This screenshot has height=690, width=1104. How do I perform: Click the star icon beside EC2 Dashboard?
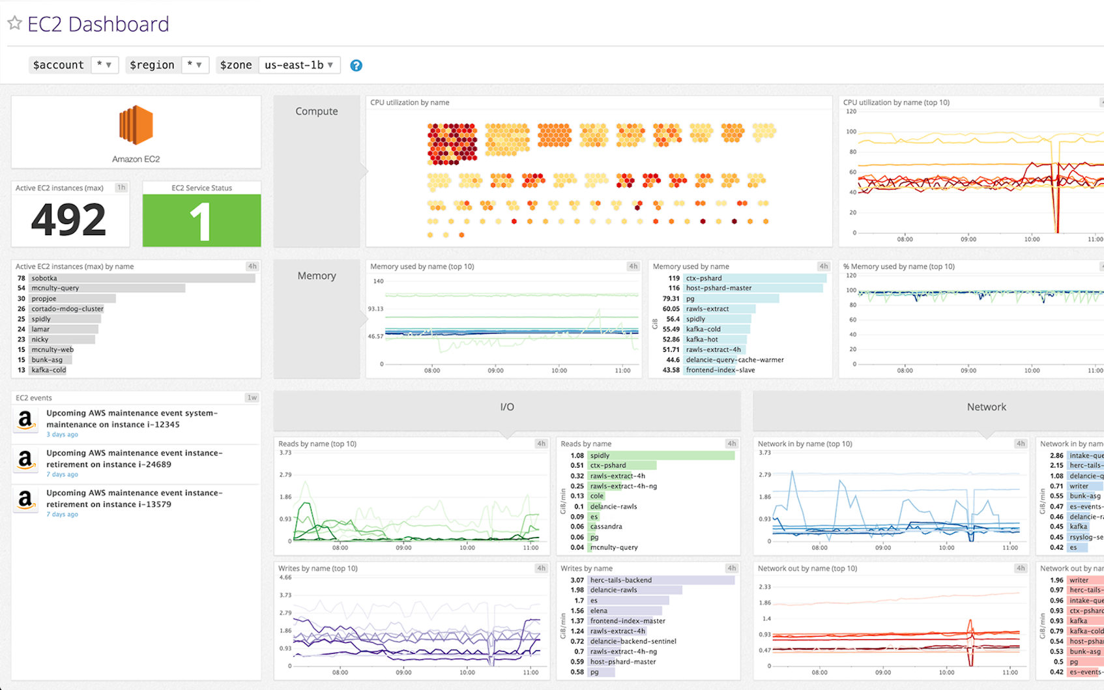[14, 23]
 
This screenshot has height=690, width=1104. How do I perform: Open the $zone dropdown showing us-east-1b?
[299, 65]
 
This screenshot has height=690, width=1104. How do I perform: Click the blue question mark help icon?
[356, 65]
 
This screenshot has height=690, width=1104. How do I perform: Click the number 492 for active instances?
[69, 220]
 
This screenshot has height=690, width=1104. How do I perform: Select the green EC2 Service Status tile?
[201, 220]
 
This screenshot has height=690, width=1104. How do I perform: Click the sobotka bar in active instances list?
[142, 278]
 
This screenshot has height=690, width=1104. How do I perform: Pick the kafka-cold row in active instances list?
[49, 370]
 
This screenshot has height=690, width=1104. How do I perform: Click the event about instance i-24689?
[134, 459]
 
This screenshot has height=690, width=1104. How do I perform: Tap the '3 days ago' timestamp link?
[62, 435]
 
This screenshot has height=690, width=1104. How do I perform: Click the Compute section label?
[317, 111]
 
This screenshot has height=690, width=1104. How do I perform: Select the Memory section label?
[317, 276]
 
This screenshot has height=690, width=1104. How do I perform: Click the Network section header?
[986, 407]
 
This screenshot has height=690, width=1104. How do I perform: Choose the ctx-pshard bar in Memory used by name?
[754, 278]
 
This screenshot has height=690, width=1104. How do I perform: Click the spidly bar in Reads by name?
[660, 455]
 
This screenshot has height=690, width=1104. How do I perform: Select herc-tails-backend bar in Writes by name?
[660, 580]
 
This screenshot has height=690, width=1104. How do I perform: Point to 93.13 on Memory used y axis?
[375, 309]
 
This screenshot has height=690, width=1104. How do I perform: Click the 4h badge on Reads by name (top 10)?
[541, 444]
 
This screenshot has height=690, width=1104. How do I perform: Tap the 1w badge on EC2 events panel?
[252, 397]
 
